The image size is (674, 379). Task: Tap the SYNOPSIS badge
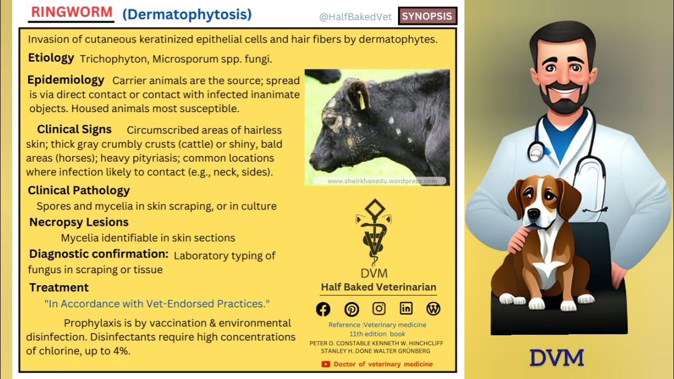427,16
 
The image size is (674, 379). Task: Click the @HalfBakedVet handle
355,17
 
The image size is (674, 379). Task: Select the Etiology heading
51,58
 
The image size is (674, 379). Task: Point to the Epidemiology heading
66,80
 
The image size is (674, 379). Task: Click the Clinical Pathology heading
78,191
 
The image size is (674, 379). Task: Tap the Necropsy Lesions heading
79,222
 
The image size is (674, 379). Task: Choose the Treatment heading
59,287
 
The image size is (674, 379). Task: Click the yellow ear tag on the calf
361,99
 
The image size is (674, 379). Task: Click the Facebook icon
323,309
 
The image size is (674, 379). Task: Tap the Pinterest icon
352,309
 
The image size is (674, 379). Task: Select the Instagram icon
379,309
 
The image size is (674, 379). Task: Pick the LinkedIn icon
406,309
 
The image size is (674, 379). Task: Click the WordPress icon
433,309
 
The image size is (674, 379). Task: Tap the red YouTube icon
326,364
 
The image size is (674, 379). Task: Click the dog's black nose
532,215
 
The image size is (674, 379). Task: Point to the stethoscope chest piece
536,152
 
